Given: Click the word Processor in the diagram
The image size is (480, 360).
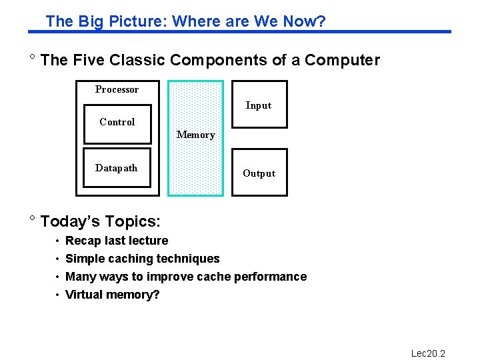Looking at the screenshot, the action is point(117,89).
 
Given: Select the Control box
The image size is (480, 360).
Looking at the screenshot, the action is point(117,124).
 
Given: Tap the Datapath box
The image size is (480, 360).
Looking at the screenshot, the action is point(117,168).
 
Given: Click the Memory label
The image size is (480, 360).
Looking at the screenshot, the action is point(195,135).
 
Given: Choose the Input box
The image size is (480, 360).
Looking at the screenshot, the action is point(259,105).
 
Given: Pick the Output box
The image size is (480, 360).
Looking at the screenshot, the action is point(259,173).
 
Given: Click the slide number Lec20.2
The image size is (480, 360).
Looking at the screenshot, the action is point(428,353).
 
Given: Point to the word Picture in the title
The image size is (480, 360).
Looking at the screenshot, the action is point(143,21).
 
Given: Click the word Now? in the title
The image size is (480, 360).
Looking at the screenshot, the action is point(304,21).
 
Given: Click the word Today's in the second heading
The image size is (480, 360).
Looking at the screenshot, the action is point(70,221).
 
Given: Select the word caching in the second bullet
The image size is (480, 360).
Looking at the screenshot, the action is point(131,259).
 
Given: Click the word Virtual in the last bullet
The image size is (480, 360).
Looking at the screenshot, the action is point(84,295).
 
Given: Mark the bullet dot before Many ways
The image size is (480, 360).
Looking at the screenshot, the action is point(57,277).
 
